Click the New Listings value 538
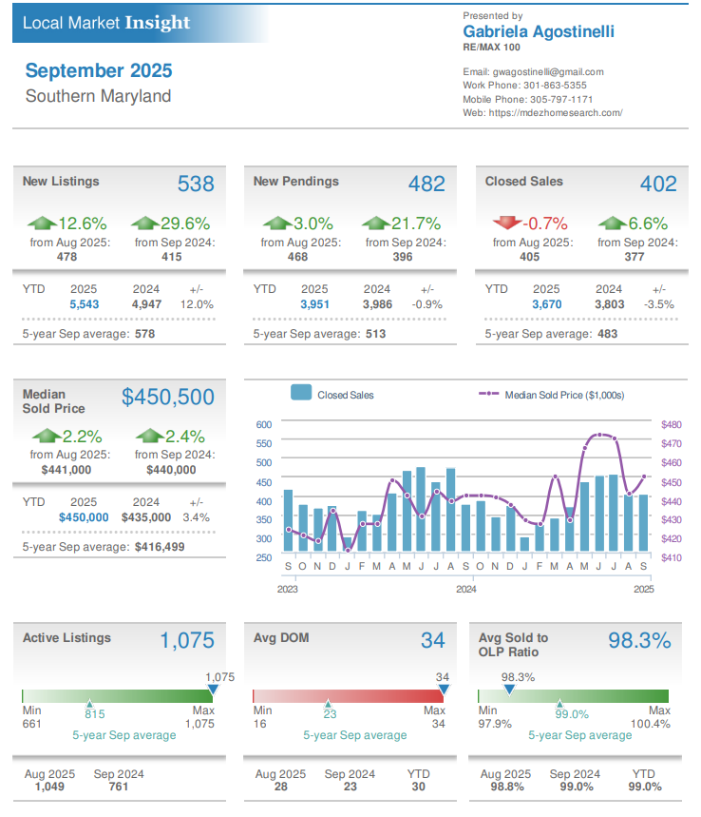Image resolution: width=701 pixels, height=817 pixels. pos(196,184)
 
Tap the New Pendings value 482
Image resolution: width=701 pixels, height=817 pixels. pos(426,184)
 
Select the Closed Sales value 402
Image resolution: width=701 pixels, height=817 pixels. pos(658,184)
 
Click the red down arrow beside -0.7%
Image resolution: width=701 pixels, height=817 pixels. pos(506,224)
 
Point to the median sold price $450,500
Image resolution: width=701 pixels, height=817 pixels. pos(168,397)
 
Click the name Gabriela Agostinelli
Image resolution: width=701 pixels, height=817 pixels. pos(538,31)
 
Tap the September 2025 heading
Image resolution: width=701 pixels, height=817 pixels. pos(99,70)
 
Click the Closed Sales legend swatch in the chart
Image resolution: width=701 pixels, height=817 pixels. pos(301,394)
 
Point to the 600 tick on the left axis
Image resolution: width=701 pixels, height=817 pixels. pos(264,424)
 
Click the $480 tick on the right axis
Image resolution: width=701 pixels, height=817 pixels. pos(672,424)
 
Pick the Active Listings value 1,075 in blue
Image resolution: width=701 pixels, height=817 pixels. pos(187,640)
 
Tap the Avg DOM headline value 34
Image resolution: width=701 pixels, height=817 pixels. pos(432,640)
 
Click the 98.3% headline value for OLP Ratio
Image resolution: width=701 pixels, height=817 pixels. pos(639,640)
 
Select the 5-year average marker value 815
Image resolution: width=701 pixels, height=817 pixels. pos(95,713)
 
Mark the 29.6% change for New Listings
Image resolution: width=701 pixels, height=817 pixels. pos(183,224)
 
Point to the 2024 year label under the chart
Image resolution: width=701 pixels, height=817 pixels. pos(465,590)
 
